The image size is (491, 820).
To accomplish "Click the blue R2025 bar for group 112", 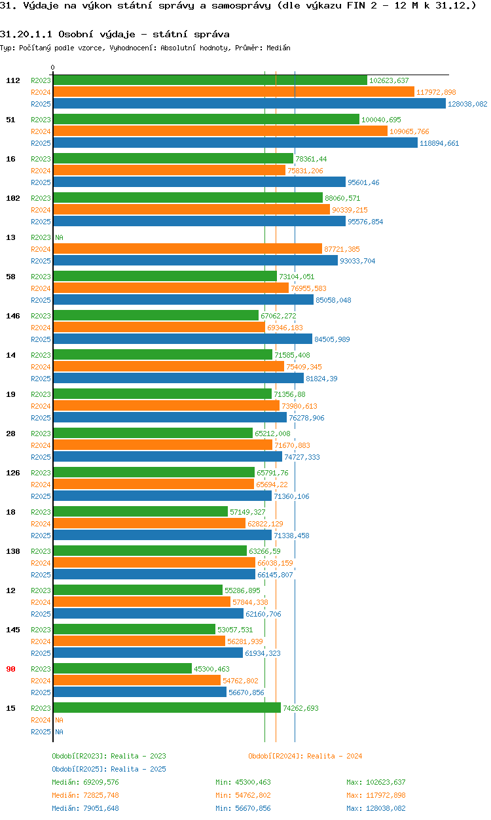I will click(x=249, y=104).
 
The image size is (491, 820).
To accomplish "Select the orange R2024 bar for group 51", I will click(x=220, y=131).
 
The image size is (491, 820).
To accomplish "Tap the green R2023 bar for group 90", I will click(x=122, y=668).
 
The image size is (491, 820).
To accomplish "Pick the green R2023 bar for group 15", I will click(x=167, y=708).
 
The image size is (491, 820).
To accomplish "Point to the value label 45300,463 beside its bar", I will click(x=211, y=669).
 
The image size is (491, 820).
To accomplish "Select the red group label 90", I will click(x=11, y=669).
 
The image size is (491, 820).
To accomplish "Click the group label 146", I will click(x=13, y=316).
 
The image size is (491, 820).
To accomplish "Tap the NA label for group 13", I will click(x=59, y=237).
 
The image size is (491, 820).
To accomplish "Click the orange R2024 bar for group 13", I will click(x=187, y=249).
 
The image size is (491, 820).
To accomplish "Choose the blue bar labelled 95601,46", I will click(x=199, y=182).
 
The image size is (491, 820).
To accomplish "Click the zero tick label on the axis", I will click(x=53, y=68).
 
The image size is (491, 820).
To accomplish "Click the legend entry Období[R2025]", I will click(x=80, y=769).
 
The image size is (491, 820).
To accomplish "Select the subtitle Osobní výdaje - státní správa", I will click(x=143, y=33).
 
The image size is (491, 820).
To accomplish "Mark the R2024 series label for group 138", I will click(x=41, y=563).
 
